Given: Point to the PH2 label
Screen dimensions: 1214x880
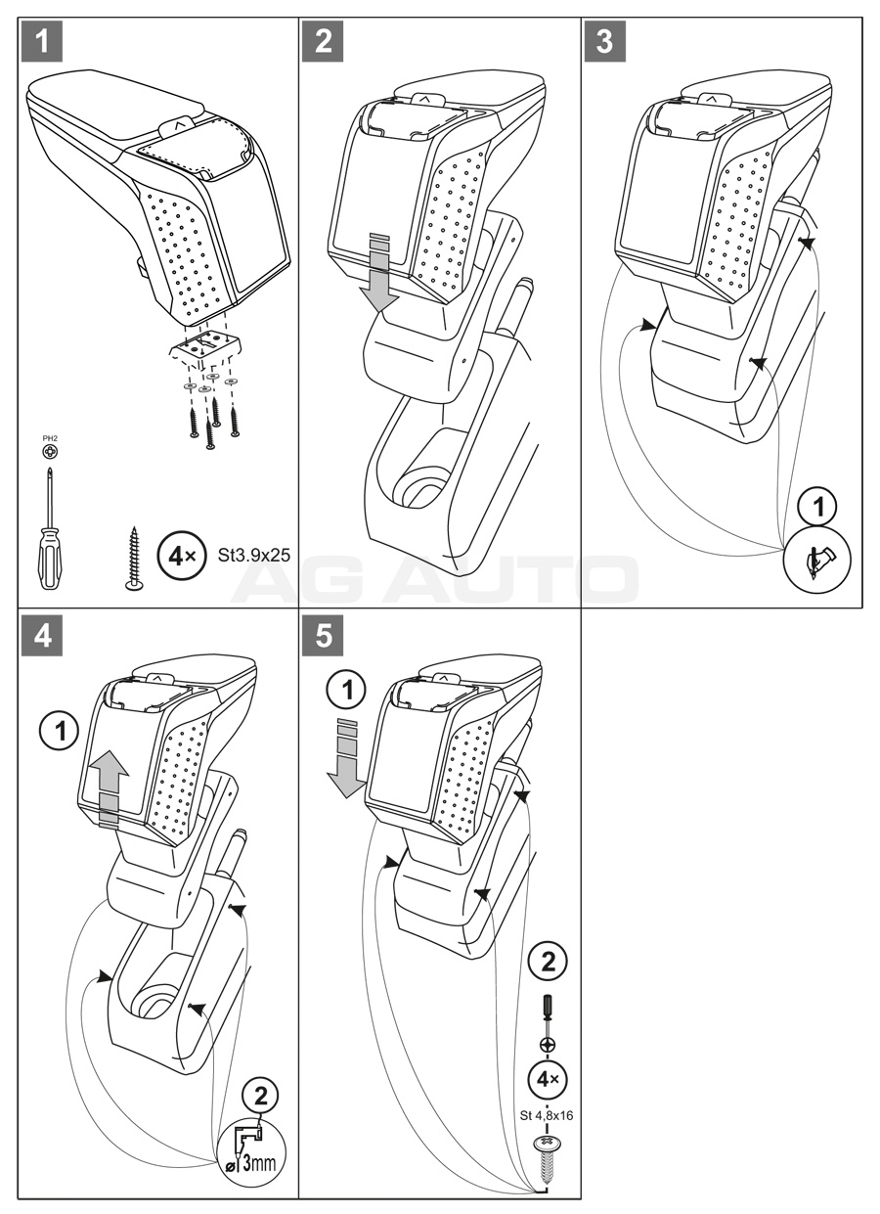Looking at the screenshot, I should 49,439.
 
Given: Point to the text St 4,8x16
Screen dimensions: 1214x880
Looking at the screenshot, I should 547,1115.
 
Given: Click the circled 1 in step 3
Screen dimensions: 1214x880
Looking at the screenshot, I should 818,506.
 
